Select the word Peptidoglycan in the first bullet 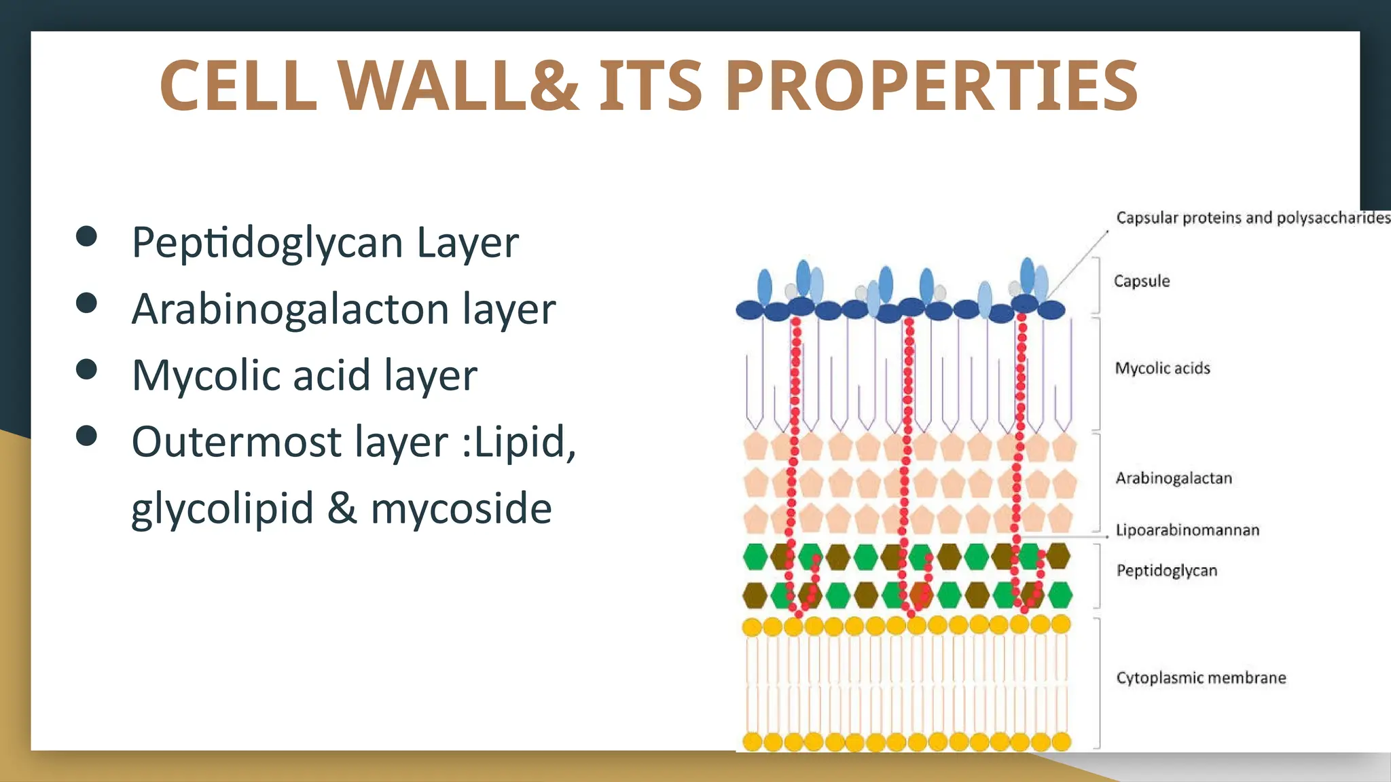coord(268,242)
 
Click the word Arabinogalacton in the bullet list coord(291,309)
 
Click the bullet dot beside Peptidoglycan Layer coord(86,236)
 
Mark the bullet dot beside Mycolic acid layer coord(86,369)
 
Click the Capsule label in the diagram coord(1142,281)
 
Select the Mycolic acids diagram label coord(1162,368)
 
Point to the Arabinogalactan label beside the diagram coord(1173,478)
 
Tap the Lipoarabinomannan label coord(1187,529)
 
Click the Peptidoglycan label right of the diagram coord(1166,570)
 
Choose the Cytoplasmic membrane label coord(1201,677)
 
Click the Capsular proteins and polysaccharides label coord(1252,217)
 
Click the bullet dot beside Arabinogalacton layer coord(86,303)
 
